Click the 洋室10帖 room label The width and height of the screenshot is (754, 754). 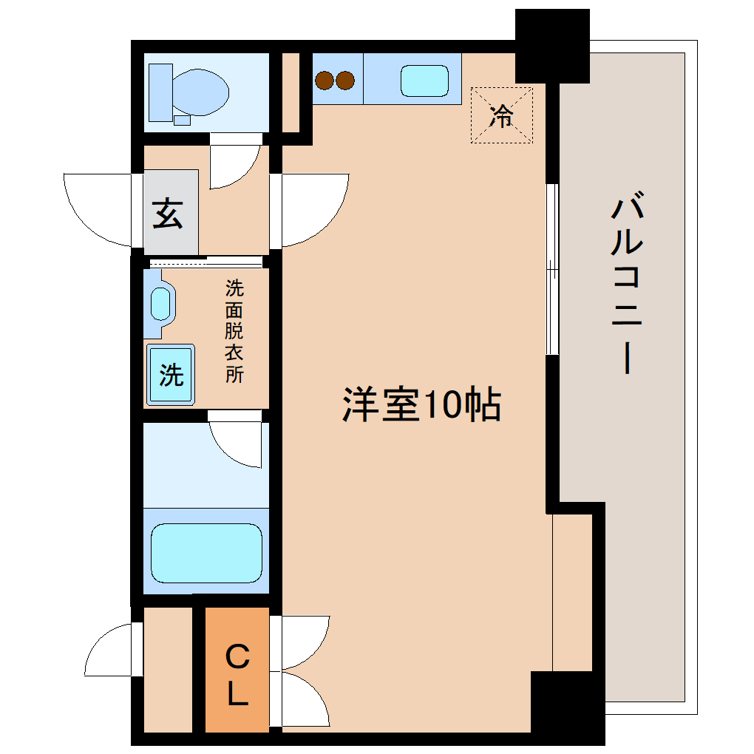coord(421,405)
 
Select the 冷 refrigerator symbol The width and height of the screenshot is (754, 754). coord(502,115)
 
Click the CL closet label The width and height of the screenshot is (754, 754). coord(237,675)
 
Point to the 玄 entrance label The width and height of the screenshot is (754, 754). coord(169,214)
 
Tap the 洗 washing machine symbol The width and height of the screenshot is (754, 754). coord(171,375)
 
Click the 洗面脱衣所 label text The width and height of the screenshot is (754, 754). coord(234,330)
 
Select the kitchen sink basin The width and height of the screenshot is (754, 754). coord(424,81)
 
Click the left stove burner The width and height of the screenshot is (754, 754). coord(325,79)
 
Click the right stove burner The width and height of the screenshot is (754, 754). coord(344,79)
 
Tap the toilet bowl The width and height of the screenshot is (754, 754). coord(200,92)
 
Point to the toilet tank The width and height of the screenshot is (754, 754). coord(160,92)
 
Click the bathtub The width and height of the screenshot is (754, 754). coord(206,552)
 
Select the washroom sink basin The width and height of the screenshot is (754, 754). coord(160,303)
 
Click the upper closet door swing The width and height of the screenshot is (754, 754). coord(303,640)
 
